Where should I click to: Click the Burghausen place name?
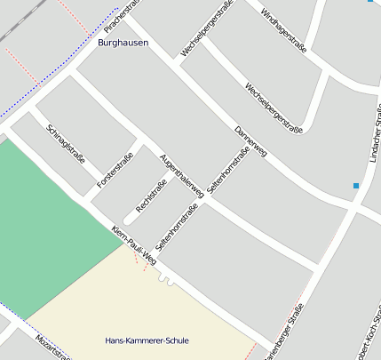tap(123, 43)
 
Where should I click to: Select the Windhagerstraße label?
tap(282, 28)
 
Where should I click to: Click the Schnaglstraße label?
tap(65, 143)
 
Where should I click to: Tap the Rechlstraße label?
tap(151, 196)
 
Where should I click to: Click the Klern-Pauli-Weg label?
tap(134, 245)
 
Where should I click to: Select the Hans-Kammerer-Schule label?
tap(147, 340)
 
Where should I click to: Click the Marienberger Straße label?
tap(286, 334)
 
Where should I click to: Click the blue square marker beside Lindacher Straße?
tap(356, 186)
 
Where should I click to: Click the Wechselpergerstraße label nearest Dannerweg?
tap(274, 108)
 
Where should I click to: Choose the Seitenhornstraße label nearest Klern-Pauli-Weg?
tap(176, 227)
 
